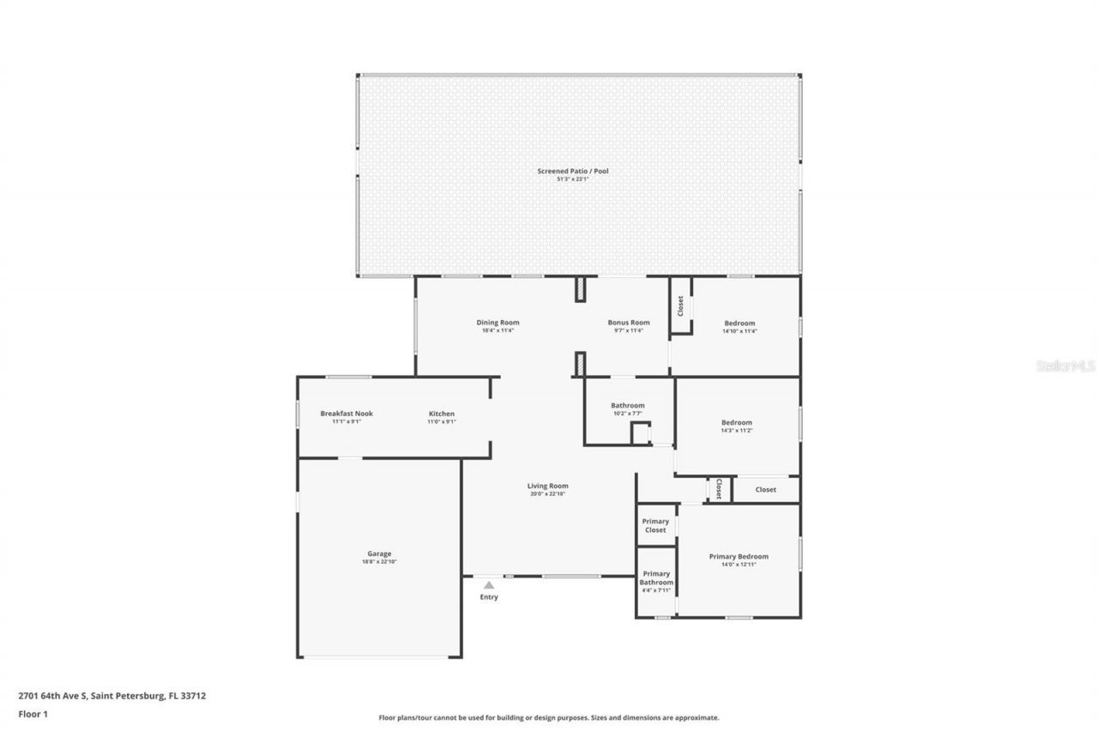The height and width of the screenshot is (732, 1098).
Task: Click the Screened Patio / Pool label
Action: pyautogui.click(x=572, y=171)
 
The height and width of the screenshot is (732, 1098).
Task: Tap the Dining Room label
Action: pyautogui.click(x=498, y=323)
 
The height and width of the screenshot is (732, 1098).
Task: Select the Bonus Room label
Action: pyautogui.click(x=628, y=323)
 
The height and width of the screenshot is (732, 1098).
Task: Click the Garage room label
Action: pyautogui.click(x=379, y=554)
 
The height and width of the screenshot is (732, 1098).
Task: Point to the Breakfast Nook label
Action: pyautogui.click(x=347, y=414)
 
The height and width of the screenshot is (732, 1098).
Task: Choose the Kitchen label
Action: pyautogui.click(x=442, y=414)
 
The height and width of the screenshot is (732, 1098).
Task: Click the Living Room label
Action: pyautogui.click(x=547, y=486)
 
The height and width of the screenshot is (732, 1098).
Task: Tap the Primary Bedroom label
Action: pyautogui.click(x=739, y=556)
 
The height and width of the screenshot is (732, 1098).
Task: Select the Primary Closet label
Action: pyautogui.click(x=655, y=525)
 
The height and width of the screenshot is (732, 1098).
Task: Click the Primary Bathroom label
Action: pyautogui.click(x=656, y=578)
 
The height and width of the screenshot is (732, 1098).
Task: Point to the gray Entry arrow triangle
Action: pyautogui.click(x=489, y=585)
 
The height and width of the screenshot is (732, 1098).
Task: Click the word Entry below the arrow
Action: pyautogui.click(x=489, y=597)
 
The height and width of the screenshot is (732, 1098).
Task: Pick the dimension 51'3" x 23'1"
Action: pyautogui.click(x=572, y=178)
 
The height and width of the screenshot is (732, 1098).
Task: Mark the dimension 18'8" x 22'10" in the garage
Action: pyautogui.click(x=379, y=561)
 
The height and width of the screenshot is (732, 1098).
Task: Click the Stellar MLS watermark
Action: pyautogui.click(x=1065, y=366)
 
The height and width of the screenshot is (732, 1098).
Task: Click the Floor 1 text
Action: pyautogui.click(x=33, y=712)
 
